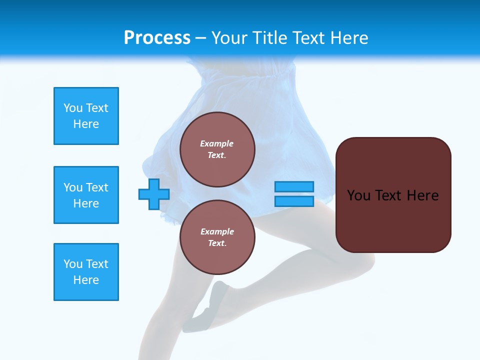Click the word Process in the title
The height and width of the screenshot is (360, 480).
tap(157, 37)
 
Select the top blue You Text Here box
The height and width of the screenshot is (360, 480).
tap(86, 116)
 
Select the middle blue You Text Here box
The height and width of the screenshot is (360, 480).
tap(86, 195)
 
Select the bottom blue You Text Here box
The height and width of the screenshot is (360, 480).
tap(86, 272)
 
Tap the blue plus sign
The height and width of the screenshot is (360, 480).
tap(154, 194)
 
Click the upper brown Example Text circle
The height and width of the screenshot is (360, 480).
tap(217, 149)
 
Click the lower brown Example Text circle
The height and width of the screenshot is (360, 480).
tap(217, 237)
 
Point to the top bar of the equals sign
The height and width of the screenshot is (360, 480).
tap(294, 186)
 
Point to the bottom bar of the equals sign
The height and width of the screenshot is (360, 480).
tap(294, 201)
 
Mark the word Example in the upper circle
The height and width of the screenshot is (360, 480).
tap(217, 143)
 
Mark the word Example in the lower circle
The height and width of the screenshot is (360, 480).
tap(217, 231)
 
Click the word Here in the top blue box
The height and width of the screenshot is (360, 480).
tap(86, 124)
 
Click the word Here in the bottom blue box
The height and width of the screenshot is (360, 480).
tap(86, 280)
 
